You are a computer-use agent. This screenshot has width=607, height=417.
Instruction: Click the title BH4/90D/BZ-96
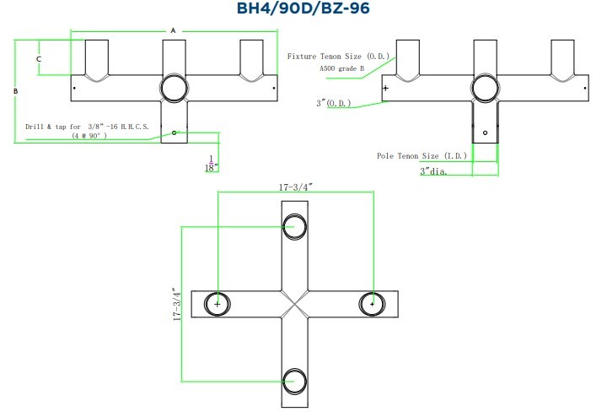click(303, 8)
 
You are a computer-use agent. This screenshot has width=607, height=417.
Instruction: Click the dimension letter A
click(173, 30)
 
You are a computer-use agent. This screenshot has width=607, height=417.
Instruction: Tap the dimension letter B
click(15, 91)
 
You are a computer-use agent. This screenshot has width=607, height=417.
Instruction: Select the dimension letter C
click(38, 59)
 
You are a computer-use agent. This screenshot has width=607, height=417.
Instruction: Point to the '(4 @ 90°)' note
click(89, 136)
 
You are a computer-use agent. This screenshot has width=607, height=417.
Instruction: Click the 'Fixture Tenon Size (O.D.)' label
click(338, 57)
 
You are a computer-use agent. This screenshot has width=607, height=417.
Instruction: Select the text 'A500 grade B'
click(341, 68)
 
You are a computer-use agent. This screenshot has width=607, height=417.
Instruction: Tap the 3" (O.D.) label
click(334, 103)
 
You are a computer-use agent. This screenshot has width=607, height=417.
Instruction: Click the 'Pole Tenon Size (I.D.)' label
click(422, 156)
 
